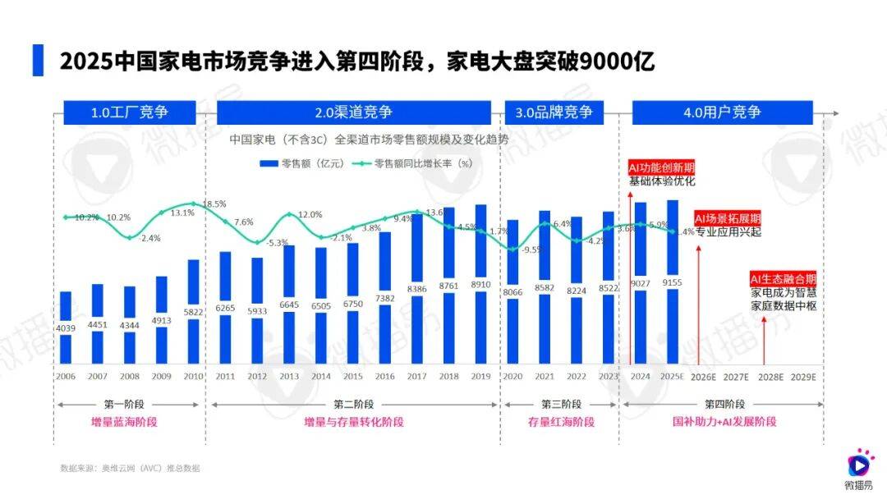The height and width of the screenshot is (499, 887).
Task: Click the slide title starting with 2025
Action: click(x=356, y=62)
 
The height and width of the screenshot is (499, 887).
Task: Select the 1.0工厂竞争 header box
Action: click(x=130, y=112)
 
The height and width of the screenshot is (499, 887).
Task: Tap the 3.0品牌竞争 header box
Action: click(x=554, y=112)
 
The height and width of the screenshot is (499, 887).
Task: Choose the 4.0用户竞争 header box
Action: click(x=722, y=112)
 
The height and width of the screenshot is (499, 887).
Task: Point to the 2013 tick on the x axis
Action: click(x=289, y=377)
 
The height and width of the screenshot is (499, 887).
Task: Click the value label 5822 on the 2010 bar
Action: click(x=194, y=312)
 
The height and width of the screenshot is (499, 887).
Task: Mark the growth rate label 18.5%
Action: click(x=214, y=204)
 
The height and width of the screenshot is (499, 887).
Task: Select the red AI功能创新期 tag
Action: click(x=656, y=167)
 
